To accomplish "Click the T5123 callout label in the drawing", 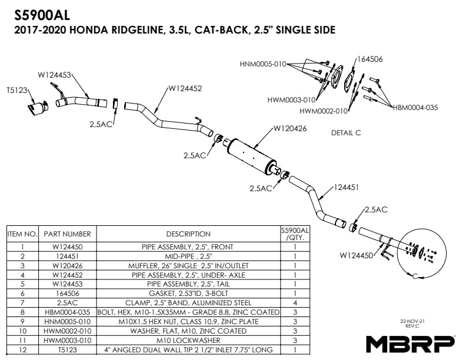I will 18,91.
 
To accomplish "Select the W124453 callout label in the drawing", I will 55,75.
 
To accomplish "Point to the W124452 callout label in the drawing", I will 185,89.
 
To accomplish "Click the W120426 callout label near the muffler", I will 289,129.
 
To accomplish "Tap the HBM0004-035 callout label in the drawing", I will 415,107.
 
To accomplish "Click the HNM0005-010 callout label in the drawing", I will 263,64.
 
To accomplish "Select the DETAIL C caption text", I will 346,133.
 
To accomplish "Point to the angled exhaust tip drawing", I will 38,108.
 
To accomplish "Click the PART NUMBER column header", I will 67,234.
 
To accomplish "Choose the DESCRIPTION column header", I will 188,234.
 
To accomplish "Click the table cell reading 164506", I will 67,293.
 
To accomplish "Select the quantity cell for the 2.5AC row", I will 294,302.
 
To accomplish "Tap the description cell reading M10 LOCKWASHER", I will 188,340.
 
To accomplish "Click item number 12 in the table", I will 22,349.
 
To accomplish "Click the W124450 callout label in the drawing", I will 357,255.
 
